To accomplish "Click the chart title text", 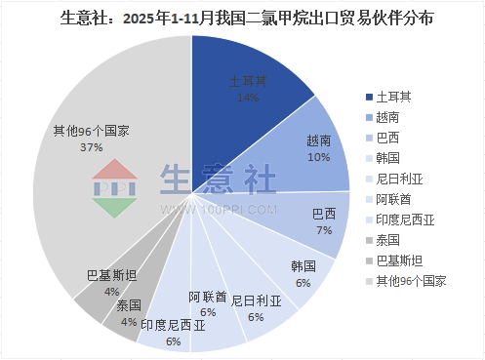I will click(x=242, y=19).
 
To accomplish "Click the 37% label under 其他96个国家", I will click(x=93, y=148).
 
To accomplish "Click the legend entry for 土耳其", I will click(x=395, y=96).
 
